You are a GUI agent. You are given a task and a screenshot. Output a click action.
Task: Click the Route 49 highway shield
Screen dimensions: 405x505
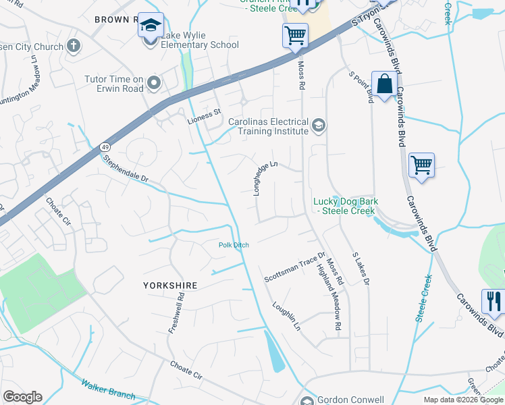[x=105, y=146]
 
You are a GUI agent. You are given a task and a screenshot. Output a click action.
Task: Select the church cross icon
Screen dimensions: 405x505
[x=74, y=46]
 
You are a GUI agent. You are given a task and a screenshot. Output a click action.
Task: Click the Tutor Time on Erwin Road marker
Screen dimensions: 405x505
[x=154, y=84]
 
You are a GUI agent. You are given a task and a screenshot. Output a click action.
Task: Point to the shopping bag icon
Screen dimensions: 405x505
[x=384, y=85]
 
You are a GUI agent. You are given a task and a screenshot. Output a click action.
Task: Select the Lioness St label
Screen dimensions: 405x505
[x=204, y=116]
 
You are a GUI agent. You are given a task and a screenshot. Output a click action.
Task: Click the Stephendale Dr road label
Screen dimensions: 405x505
[x=124, y=169]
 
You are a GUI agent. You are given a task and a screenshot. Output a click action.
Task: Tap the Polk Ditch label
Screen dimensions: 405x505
[x=234, y=245]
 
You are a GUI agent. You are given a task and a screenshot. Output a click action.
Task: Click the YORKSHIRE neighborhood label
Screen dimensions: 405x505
[x=170, y=286]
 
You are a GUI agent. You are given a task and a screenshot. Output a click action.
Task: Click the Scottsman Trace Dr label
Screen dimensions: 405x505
[x=294, y=267]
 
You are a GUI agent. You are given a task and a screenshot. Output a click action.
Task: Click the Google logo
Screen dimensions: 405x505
[x=22, y=397]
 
